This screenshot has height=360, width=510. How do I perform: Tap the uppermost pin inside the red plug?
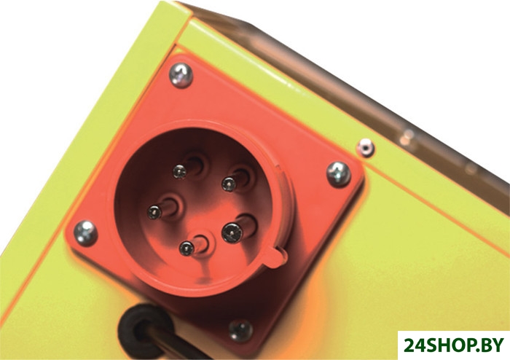click(180, 171)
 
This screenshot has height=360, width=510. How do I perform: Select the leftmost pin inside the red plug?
click(154, 212)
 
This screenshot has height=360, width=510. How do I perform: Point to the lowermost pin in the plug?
click(187, 249)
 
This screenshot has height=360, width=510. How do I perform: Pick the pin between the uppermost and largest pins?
click(229, 184)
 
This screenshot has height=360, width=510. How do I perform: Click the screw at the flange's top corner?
click(181, 75)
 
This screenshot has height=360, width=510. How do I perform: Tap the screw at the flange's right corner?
click(338, 174)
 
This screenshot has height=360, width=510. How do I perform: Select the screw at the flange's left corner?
click(85, 233)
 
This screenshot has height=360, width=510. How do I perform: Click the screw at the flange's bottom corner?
click(240, 330)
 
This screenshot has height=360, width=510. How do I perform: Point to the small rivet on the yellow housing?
click(365, 147)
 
